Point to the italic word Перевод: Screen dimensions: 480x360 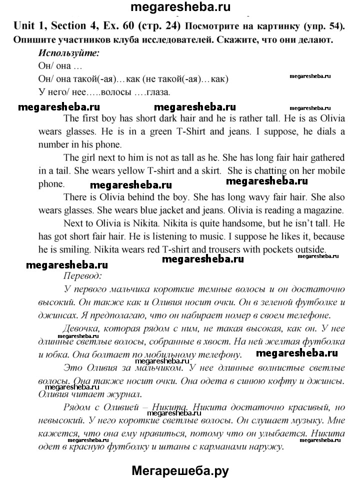pyautogui.click(x=83, y=274)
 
